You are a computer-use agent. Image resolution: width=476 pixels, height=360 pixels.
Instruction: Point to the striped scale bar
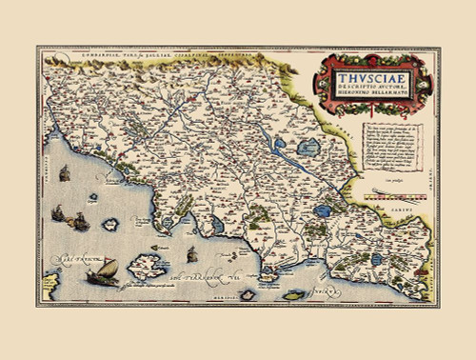(x=396, y=193)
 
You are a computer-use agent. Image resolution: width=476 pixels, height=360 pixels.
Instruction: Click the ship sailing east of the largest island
(x=191, y=254)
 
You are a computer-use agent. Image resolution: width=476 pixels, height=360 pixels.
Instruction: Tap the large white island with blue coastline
(x=147, y=266)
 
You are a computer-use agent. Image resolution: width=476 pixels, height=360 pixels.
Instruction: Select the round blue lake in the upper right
(x=309, y=150)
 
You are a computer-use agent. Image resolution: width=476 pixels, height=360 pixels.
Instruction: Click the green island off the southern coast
(x=248, y=295)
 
